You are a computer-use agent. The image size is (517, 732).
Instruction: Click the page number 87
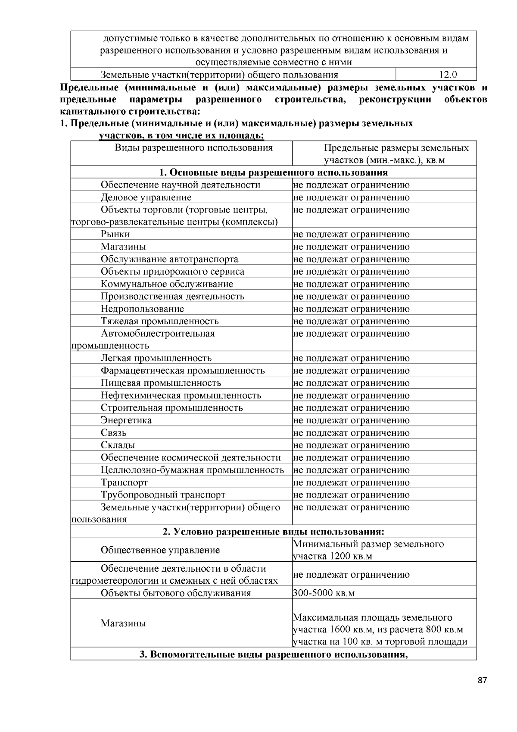[x=482, y=681]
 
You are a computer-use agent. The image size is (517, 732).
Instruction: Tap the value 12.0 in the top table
[x=448, y=75]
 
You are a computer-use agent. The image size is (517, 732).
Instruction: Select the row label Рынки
[x=115, y=234]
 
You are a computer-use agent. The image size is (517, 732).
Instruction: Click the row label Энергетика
[x=126, y=420]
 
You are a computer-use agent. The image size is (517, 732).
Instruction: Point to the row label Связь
[x=114, y=433]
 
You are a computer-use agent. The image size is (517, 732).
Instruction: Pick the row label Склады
[x=118, y=445]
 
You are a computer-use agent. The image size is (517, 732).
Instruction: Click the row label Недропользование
[x=142, y=309]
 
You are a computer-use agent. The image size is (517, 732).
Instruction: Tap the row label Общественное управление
[x=160, y=550]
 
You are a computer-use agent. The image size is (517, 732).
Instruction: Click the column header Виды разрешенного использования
[x=193, y=148]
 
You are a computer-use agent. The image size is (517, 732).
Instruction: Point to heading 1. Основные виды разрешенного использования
[x=273, y=173]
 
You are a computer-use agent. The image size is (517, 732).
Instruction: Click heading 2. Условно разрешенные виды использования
[x=273, y=532]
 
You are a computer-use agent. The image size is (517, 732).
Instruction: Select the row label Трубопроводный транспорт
[x=163, y=495]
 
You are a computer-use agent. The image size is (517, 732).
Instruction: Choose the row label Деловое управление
[x=146, y=197]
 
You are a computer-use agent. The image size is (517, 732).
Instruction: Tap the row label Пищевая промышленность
[x=161, y=383]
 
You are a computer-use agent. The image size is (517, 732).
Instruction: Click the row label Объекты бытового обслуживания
[x=175, y=593]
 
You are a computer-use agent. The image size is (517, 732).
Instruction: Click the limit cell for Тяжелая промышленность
[x=351, y=321]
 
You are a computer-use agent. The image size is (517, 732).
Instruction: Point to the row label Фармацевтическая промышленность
[x=183, y=371]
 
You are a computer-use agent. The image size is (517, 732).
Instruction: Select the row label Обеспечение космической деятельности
[x=190, y=458]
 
